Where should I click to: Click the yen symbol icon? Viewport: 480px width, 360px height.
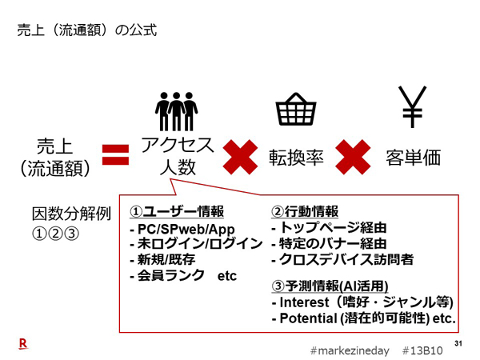coord(413,107)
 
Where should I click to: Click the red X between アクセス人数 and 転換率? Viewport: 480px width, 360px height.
coord(241,157)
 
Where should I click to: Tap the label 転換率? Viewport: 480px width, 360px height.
coord(295,158)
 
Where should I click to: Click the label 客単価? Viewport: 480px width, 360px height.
coord(413,158)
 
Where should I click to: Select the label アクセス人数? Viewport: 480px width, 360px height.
coord(177,157)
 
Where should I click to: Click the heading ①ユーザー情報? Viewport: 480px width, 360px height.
coord(176,212)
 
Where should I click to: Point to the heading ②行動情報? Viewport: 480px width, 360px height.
coord(306,212)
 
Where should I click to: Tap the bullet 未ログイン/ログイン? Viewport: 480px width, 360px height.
coord(195,244)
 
